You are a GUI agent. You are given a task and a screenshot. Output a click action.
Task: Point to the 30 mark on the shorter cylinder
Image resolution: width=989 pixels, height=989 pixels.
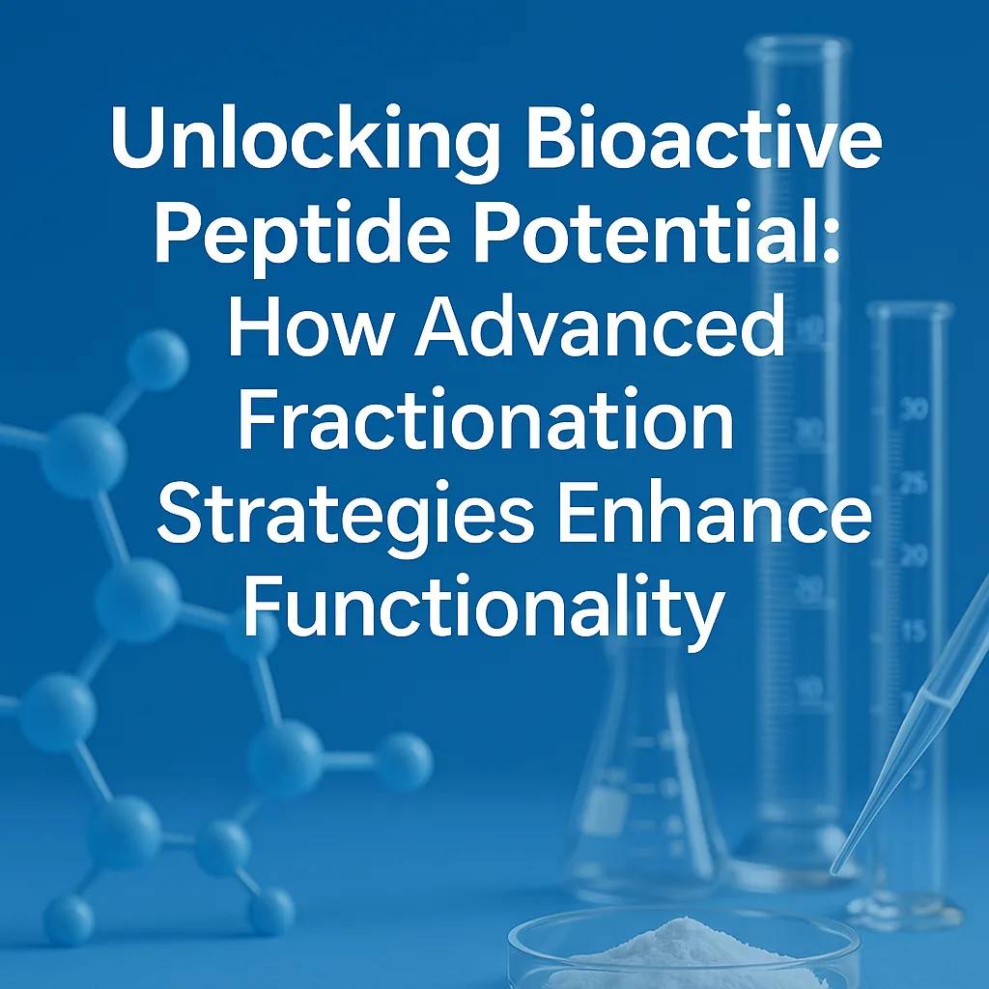tap(913, 409)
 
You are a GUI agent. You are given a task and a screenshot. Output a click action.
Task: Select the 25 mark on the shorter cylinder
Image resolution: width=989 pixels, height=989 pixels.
tap(913, 482)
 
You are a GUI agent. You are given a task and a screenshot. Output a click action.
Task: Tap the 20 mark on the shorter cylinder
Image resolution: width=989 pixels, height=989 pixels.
tap(913, 555)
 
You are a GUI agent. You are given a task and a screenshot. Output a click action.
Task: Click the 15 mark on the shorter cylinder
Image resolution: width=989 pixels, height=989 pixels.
tap(913, 630)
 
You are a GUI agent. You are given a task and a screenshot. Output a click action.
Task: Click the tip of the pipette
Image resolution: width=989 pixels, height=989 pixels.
tap(837, 868)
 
